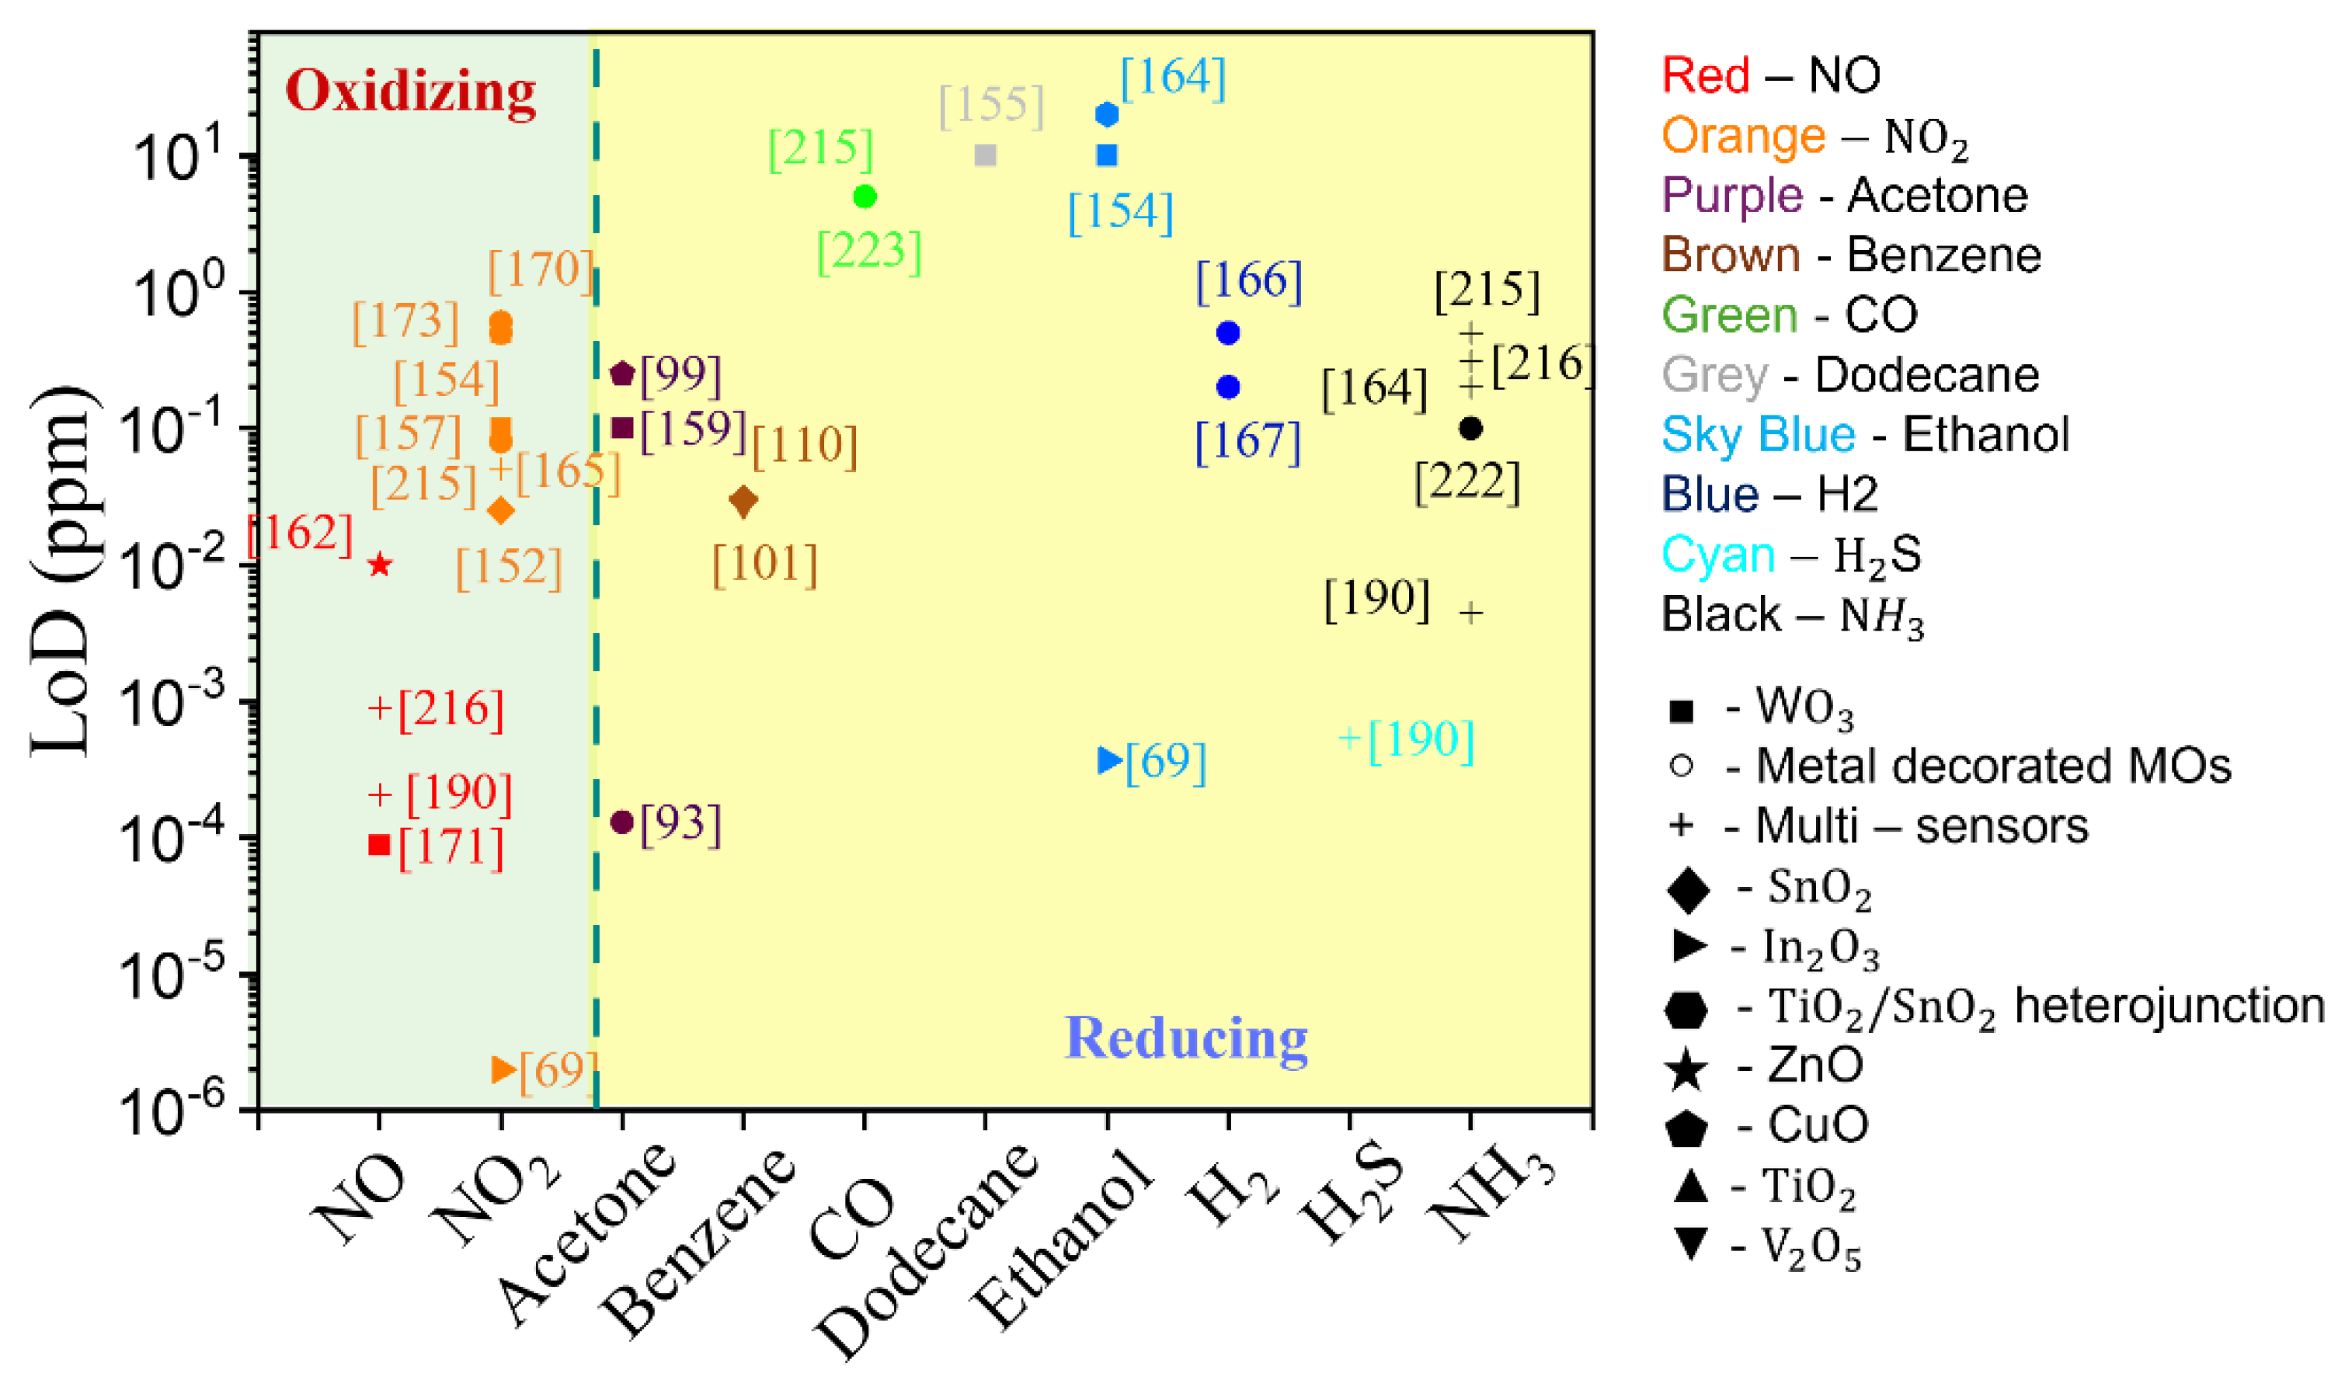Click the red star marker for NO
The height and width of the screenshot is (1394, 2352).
click(378, 565)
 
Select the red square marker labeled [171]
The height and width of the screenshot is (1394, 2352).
click(378, 844)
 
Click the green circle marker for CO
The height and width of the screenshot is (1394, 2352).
click(865, 196)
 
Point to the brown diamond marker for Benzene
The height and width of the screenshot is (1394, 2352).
click(743, 502)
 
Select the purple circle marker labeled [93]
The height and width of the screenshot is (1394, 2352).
click(622, 822)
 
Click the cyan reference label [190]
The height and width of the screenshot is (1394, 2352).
click(1419, 740)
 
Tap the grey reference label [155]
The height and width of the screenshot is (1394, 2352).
click(991, 105)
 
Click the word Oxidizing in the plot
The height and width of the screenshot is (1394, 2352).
click(410, 93)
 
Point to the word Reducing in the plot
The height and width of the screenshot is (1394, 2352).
click(1185, 1039)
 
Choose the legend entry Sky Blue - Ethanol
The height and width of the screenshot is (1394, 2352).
click(1863, 435)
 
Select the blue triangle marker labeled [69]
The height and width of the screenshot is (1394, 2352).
click(1109, 760)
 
